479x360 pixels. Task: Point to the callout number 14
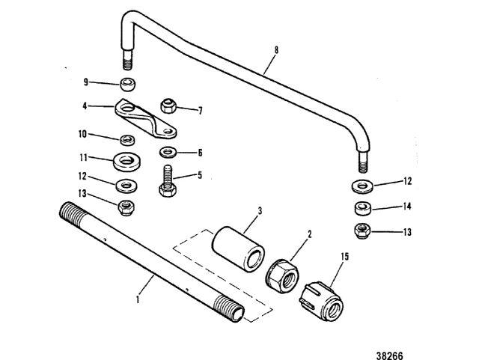tap(406, 205)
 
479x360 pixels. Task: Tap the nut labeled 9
tap(129, 83)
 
